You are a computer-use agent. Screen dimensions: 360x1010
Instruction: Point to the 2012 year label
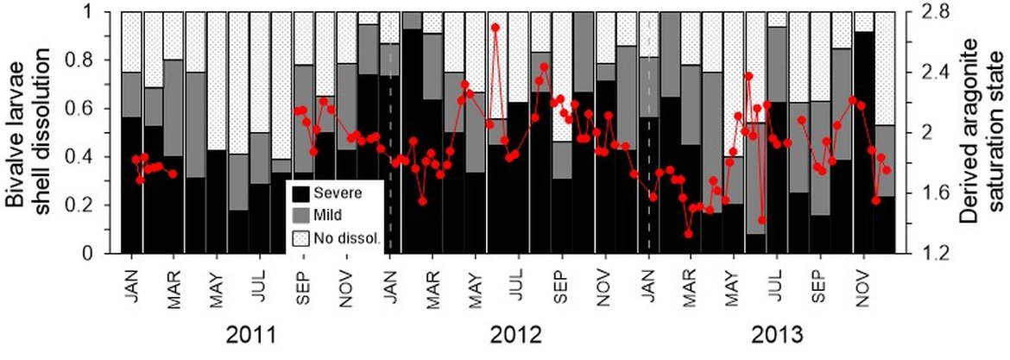click(x=515, y=334)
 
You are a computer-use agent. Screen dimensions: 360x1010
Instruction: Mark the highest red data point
click(x=496, y=28)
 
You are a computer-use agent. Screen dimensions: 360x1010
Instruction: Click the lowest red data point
click(x=688, y=233)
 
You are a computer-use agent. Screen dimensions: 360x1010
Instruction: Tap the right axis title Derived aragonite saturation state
click(x=984, y=133)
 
